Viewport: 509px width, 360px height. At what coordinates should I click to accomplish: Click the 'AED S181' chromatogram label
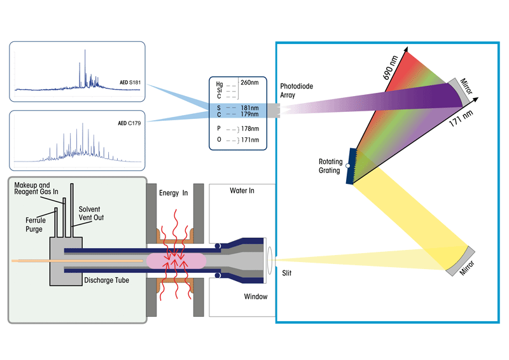click(x=130, y=83)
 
